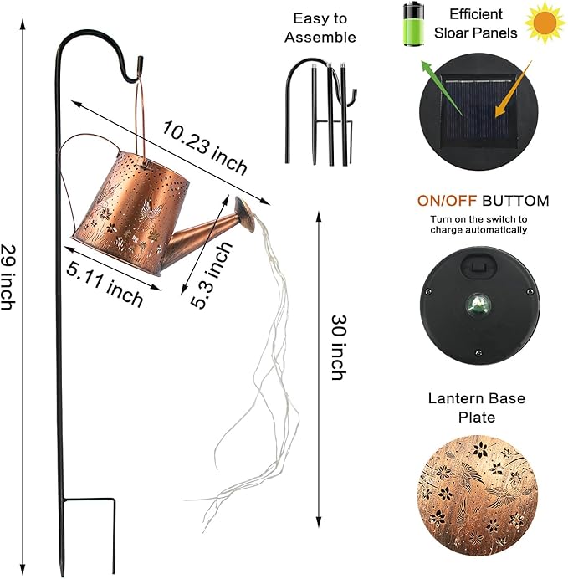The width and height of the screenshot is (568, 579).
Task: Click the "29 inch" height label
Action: click(x=10, y=276)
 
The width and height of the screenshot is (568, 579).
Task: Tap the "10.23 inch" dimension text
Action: click(x=205, y=147)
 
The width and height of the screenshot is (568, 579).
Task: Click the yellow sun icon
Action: click(x=544, y=23)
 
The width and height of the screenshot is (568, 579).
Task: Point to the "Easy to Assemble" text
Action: click(x=320, y=27)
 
